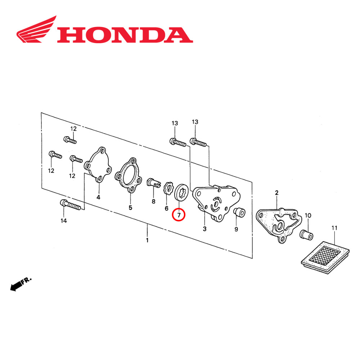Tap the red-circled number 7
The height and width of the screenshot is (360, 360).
click(179, 215)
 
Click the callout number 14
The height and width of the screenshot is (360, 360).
click(63, 221)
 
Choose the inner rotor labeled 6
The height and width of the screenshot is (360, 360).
click(167, 189)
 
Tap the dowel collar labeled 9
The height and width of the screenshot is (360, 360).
click(239, 212)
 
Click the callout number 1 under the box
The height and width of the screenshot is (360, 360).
click(147, 240)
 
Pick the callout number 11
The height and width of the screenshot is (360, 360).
click(334, 228)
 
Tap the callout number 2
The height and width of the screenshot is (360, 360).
click(276, 193)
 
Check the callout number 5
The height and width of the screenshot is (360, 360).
click(130, 208)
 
